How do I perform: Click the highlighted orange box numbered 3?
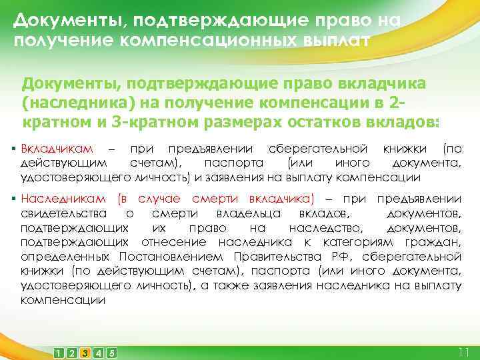(85, 352)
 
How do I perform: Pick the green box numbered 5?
(111, 352)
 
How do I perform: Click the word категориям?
(365, 242)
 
